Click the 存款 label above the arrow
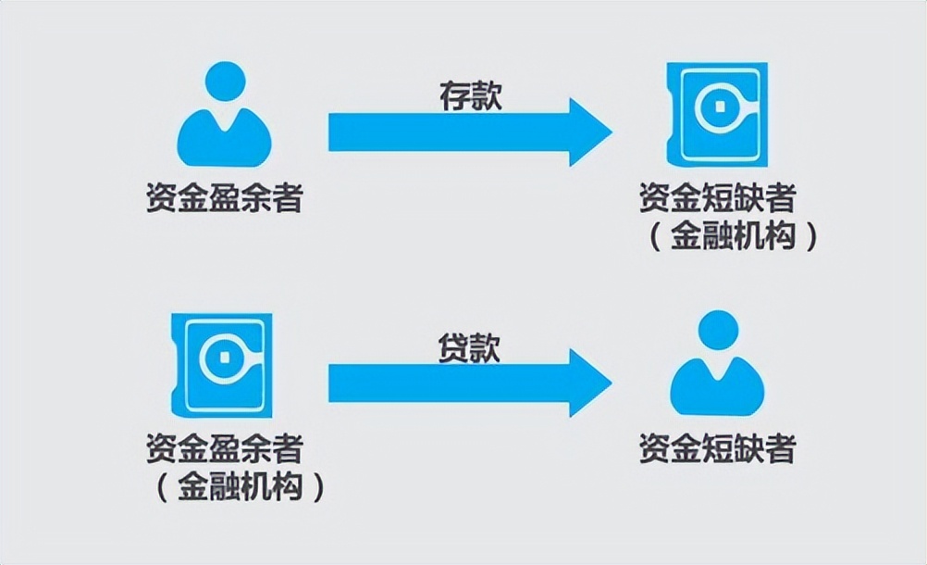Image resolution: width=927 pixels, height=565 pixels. click(x=469, y=96)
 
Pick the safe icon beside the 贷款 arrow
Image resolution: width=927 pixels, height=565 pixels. click(x=222, y=362)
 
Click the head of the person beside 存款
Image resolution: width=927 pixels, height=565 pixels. click(x=224, y=83)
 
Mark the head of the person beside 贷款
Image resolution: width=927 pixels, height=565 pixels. click(x=717, y=332)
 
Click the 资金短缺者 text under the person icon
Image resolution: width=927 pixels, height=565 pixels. click(x=717, y=449)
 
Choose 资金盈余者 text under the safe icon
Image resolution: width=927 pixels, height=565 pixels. click(x=224, y=449)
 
